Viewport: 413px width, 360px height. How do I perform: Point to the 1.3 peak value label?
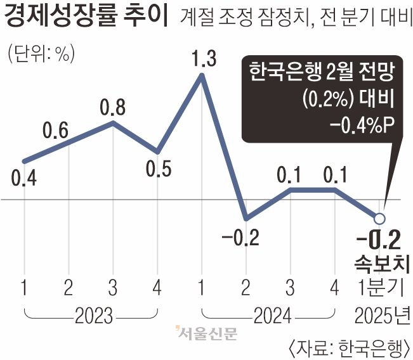tap(203, 60)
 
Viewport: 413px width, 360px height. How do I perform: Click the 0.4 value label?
tap(23, 179)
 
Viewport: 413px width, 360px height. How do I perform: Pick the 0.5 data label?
tap(157, 170)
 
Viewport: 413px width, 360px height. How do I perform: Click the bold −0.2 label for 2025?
tap(377, 241)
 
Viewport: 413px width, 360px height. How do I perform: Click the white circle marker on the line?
tap(379, 219)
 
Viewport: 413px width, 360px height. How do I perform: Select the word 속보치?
tap(379, 263)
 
